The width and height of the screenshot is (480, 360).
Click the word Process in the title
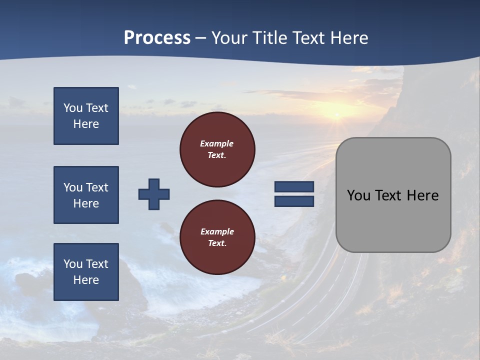[x=157, y=38]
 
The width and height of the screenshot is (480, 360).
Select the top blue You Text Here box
[x=86, y=116]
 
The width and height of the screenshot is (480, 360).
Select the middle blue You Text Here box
[x=86, y=195]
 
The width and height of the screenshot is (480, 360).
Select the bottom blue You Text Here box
[x=86, y=272]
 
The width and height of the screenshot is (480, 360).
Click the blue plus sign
[x=154, y=194]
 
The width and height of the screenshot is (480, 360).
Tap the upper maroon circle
[x=217, y=149]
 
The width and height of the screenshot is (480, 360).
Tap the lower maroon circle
[x=217, y=237]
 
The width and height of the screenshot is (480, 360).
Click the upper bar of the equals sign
[x=294, y=187]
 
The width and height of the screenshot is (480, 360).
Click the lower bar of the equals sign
[x=294, y=201]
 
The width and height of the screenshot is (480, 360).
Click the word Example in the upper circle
[x=217, y=143]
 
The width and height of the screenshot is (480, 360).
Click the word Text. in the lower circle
[x=217, y=243]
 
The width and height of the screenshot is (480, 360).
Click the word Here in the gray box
[x=422, y=195]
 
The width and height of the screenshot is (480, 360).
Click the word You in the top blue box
[x=72, y=108]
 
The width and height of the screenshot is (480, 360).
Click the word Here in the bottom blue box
[x=86, y=280]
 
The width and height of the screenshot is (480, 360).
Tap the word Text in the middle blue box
[x=97, y=187]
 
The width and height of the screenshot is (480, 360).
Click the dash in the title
[x=201, y=38]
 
